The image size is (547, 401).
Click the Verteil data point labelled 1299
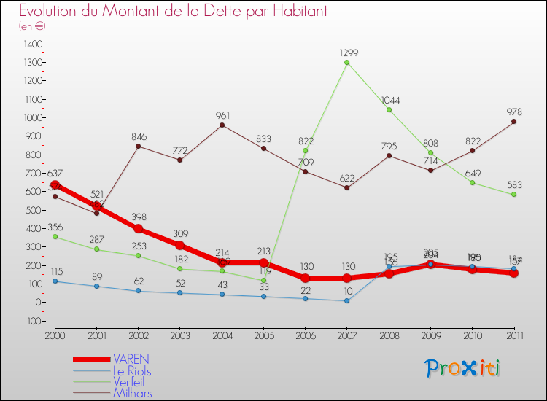point(347,63)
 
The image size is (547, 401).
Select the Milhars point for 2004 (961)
point(222,125)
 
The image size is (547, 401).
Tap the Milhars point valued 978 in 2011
point(513,122)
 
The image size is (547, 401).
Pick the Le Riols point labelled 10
point(347,300)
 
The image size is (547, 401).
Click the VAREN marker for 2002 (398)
point(139,228)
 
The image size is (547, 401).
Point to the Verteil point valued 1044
point(389,110)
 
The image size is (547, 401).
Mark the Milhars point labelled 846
point(139,146)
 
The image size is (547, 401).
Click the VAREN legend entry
point(131,359)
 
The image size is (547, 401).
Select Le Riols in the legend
point(132,370)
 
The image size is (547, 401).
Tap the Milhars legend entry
point(133,393)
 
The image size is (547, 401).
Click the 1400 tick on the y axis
point(32,44)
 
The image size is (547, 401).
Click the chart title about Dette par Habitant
point(173,11)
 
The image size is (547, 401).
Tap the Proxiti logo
point(462,368)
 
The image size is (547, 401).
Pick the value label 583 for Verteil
point(514,185)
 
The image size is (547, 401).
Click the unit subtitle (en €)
point(33,26)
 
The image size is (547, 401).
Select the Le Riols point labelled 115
point(55,281)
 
